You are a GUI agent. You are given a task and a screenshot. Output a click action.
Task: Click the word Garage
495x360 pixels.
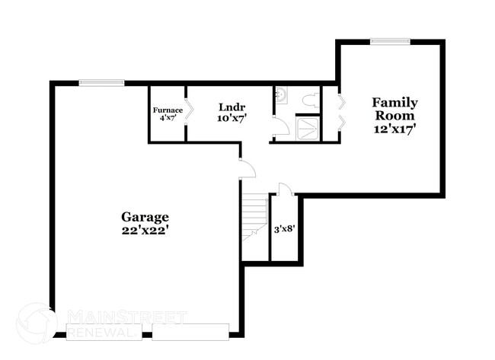pyautogui.click(x=144, y=217)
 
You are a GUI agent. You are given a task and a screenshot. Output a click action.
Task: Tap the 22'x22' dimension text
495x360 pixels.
pyautogui.click(x=144, y=231)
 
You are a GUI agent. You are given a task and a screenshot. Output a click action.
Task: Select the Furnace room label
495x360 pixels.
pyautogui.click(x=168, y=110)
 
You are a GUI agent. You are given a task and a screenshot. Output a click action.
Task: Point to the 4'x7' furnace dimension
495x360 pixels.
pyautogui.click(x=168, y=118)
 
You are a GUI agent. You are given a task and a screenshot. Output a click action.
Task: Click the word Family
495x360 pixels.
pyautogui.click(x=394, y=102)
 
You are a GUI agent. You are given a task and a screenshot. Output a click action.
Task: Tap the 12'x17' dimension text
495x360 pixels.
pyautogui.click(x=394, y=129)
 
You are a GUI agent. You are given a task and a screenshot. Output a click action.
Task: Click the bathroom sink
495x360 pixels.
pyautogui.click(x=280, y=95)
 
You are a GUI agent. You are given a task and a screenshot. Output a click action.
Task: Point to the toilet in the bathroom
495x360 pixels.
pyautogui.click(x=310, y=99)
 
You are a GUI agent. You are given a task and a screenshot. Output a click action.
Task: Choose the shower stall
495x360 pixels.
pyautogui.click(x=308, y=129)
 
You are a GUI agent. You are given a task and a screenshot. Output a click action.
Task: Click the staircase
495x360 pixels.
pyautogui.click(x=256, y=217)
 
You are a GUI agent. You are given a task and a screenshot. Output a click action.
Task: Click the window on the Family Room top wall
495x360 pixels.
pyautogui.click(x=390, y=41)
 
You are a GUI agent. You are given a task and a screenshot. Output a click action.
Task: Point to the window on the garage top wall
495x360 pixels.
pyautogui.click(x=101, y=82)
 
